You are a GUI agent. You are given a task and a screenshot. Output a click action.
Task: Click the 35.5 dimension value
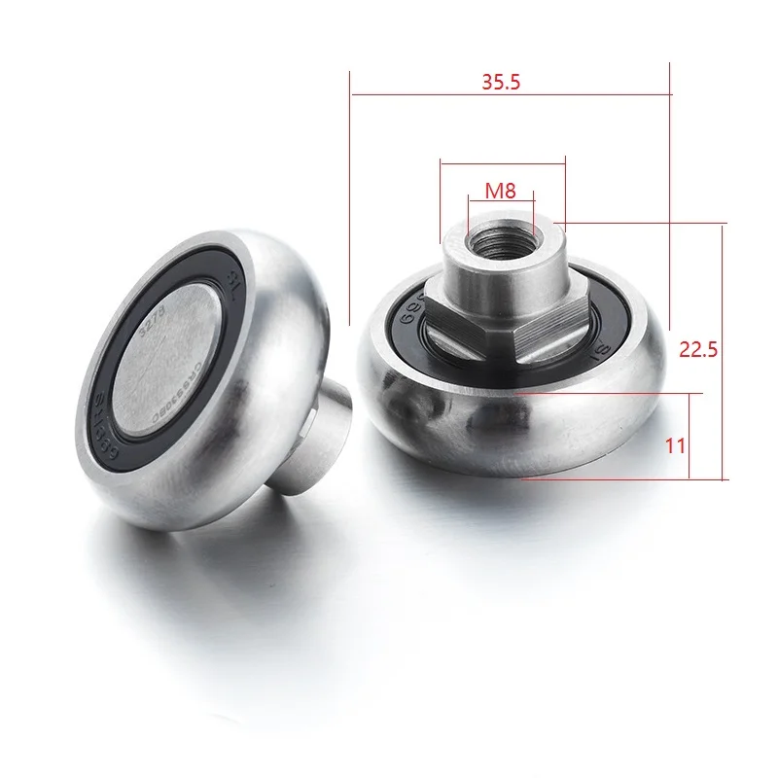502,83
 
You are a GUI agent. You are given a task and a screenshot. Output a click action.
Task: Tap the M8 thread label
500,191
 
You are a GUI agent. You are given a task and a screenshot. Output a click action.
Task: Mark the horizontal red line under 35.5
510,95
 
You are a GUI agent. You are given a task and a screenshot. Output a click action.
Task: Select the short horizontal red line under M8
500,201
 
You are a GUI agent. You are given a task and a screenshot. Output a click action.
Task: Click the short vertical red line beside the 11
690,437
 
